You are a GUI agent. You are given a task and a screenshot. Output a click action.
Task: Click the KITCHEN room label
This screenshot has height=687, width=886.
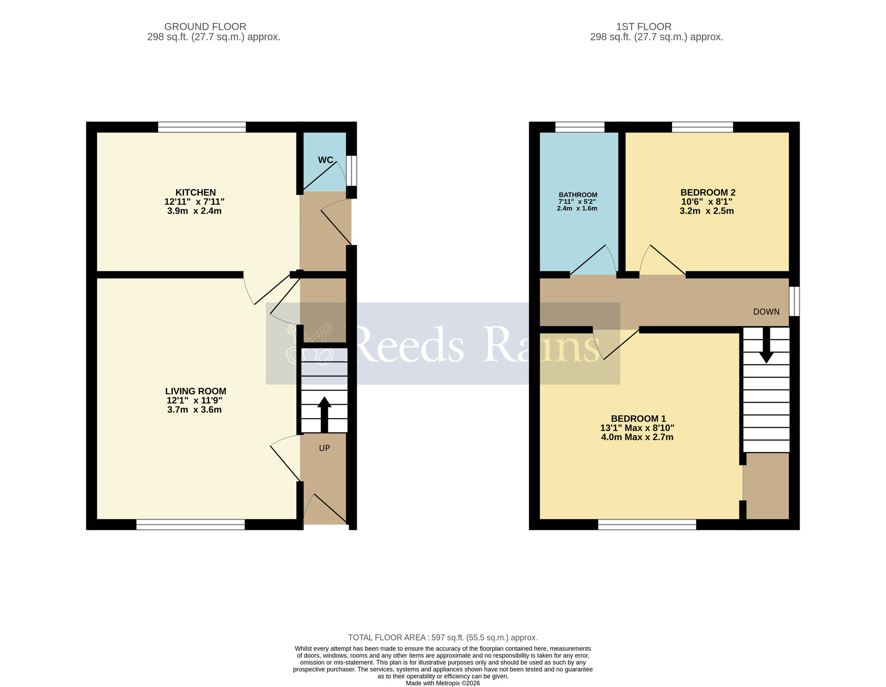pyautogui.click(x=195, y=192)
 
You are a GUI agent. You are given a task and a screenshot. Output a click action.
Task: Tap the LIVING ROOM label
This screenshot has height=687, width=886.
pyautogui.click(x=195, y=391)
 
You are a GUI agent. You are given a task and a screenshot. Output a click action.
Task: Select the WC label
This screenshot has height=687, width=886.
pyautogui.click(x=325, y=160)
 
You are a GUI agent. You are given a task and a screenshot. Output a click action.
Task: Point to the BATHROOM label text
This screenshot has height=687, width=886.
pyautogui.click(x=578, y=195)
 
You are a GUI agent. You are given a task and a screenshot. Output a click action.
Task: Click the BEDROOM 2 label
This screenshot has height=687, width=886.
pyautogui.click(x=707, y=192)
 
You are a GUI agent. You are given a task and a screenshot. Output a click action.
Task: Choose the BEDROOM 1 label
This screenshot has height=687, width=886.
pyautogui.click(x=638, y=418)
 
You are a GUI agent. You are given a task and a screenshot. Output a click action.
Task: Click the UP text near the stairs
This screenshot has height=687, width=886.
pyautogui.click(x=324, y=448)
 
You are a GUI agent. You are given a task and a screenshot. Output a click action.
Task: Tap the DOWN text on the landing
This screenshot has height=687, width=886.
pyautogui.click(x=766, y=312)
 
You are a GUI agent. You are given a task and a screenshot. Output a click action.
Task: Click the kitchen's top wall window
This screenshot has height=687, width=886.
pyautogui.click(x=202, y=127)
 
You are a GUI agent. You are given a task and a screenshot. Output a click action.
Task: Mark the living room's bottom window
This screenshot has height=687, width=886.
pyautogui.click(x=190, y=525)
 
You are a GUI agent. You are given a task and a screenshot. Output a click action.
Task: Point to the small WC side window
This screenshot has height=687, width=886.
pyautogui.click(x=351, y=170)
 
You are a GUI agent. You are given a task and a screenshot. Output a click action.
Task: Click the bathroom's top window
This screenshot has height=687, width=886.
pyautogui.click(x=579, y=127)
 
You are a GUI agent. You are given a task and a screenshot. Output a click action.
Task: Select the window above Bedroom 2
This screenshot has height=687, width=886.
pyautogui.click(x=702, y=127)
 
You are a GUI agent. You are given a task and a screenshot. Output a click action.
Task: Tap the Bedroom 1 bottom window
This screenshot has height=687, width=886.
pyautogui.click(x=647, y=525)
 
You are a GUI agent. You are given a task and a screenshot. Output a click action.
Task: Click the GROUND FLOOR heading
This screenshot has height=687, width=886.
pyautogui.click(x=205, y=27)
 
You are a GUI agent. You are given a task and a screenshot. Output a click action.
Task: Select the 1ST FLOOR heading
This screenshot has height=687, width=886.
pyautogui.click(x=644, y=27)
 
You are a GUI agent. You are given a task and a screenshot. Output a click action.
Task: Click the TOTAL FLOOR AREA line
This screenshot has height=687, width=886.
pyautogui.click(x=443, y=637)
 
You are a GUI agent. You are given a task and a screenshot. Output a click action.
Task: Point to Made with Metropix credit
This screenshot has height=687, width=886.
pyautogui.click(x=443, y=683)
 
